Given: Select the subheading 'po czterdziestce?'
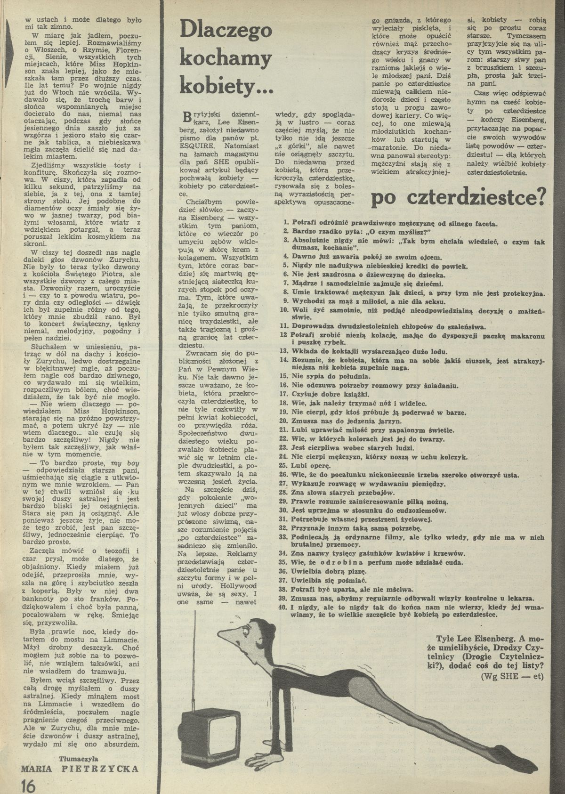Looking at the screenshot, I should click(x=458, y=199).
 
